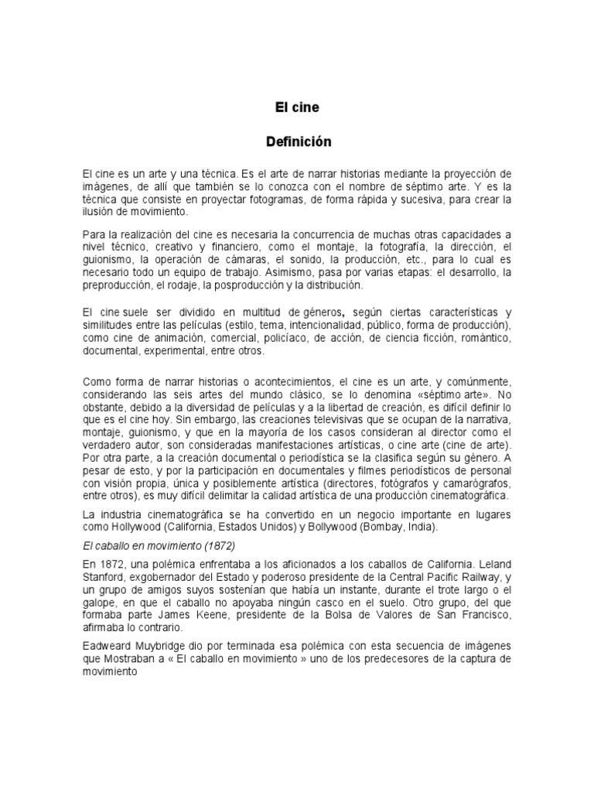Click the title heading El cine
click(297, 108)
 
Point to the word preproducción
click(117, 285)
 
